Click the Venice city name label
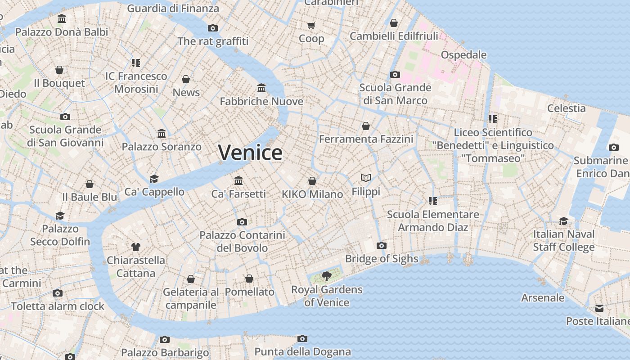point(250,152)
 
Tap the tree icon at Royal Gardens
point(326,276)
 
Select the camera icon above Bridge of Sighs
point(381,245)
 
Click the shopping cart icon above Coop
point(311,25)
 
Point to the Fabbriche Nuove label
point(261,101)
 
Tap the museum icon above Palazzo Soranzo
point(162,133)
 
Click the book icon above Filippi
point(366,178)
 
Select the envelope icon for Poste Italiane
point(599,308)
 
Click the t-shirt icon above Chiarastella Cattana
point(136,247)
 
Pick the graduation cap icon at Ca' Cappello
point(154,179)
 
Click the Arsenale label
point(542,297)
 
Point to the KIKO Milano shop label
point(312,194)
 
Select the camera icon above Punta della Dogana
point(302,338)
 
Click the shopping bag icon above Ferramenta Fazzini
point(366,126)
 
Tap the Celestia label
point(566,108)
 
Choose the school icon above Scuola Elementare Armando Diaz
point(433,201)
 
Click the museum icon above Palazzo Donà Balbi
point(62,19)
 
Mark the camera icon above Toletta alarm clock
point(57,293)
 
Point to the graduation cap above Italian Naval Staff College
point(563,221)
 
